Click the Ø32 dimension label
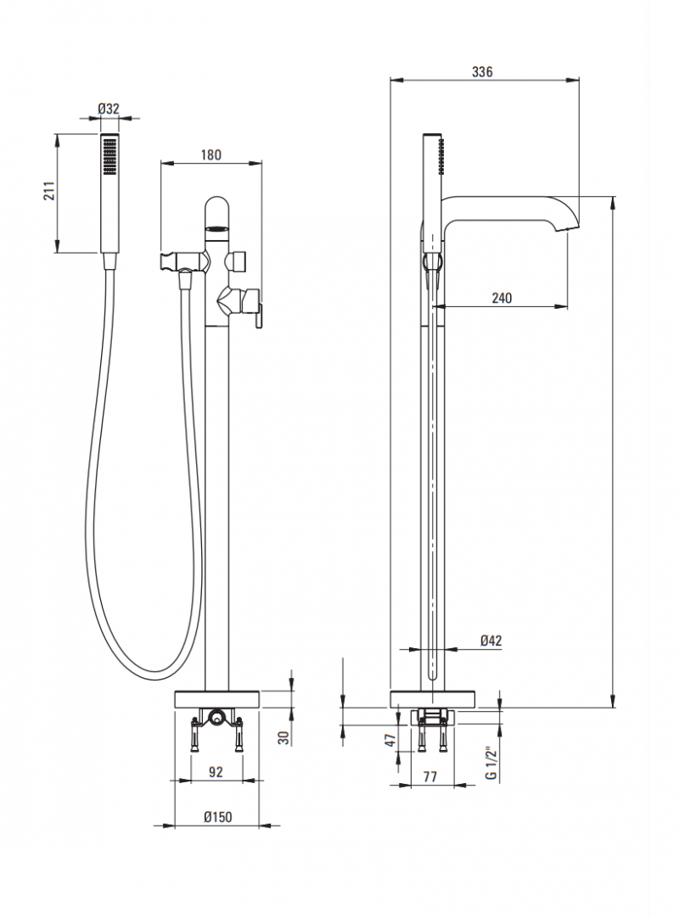click(109, 109)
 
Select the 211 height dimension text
click(48, 193)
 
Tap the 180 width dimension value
click(210, 154)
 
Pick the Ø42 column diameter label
click(491, 641)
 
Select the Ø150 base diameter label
click(218, 816)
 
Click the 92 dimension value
click(216, 772)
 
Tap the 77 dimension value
click(429, 776)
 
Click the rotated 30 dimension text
click(284, 737)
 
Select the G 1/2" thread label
click(490, 764)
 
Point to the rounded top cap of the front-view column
click(217, 208)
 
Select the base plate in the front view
click(217, 699)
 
